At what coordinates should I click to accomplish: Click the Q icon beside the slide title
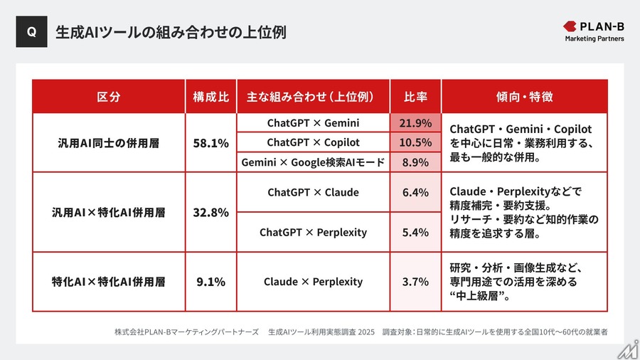(31, 32)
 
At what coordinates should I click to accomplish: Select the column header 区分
(108, 97)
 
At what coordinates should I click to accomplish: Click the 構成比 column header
(210, 97)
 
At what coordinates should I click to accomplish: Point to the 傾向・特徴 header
(524, 97)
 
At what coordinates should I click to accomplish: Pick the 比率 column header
(415, 97)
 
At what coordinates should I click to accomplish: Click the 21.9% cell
(415, 123)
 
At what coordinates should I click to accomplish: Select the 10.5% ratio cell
(415, 142)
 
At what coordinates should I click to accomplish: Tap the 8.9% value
(415, 162)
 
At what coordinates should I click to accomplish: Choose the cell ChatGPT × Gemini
(313, 123)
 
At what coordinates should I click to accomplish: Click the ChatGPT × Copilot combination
(313, 142)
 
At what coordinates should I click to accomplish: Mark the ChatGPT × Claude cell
(313, 192)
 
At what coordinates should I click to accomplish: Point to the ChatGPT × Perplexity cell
(313, 232)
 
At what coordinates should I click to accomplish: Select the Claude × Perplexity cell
(313, 282)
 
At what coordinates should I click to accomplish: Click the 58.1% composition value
(210, 143)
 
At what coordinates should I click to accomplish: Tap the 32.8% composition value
(210, 212)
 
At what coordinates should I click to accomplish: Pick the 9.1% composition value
(210, 282)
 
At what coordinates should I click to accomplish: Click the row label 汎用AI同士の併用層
(108, 143)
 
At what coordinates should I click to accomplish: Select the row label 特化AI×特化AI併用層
(108, 282)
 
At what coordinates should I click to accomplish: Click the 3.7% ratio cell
(415, 282)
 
